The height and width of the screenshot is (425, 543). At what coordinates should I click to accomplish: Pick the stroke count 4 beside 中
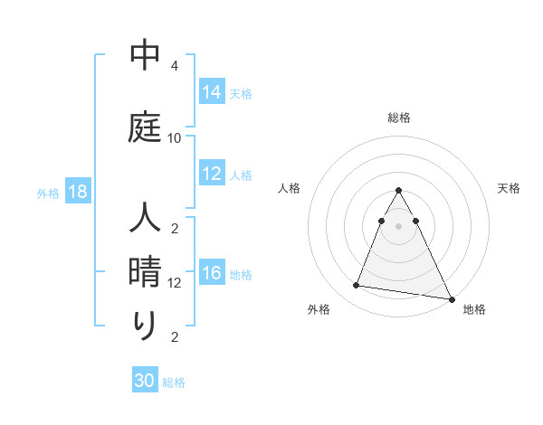coord(175,66)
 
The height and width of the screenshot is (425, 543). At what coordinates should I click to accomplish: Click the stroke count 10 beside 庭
coord(175,138)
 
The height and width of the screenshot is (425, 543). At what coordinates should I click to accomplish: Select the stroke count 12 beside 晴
coord(175,283)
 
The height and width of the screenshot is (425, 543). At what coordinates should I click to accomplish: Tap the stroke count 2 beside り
coord(175,337)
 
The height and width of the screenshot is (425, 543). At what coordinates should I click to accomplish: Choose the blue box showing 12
coord(212,174)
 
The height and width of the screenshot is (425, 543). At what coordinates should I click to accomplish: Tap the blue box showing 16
coord(212,273)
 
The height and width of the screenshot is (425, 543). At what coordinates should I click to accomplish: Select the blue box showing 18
coord(78,192)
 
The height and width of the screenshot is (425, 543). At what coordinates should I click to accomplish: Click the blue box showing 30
coord(145,381)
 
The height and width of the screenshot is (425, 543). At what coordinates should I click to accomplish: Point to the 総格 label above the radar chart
coord(399,118)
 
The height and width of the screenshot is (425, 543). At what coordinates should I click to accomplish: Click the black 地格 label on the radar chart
coord(474,309)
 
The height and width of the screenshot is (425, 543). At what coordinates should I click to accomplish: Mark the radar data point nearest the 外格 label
coord(356,286)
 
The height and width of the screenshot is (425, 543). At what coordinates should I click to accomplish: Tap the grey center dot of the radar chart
coord(399,226)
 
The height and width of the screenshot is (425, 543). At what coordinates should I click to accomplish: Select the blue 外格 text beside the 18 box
coord(48,193)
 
